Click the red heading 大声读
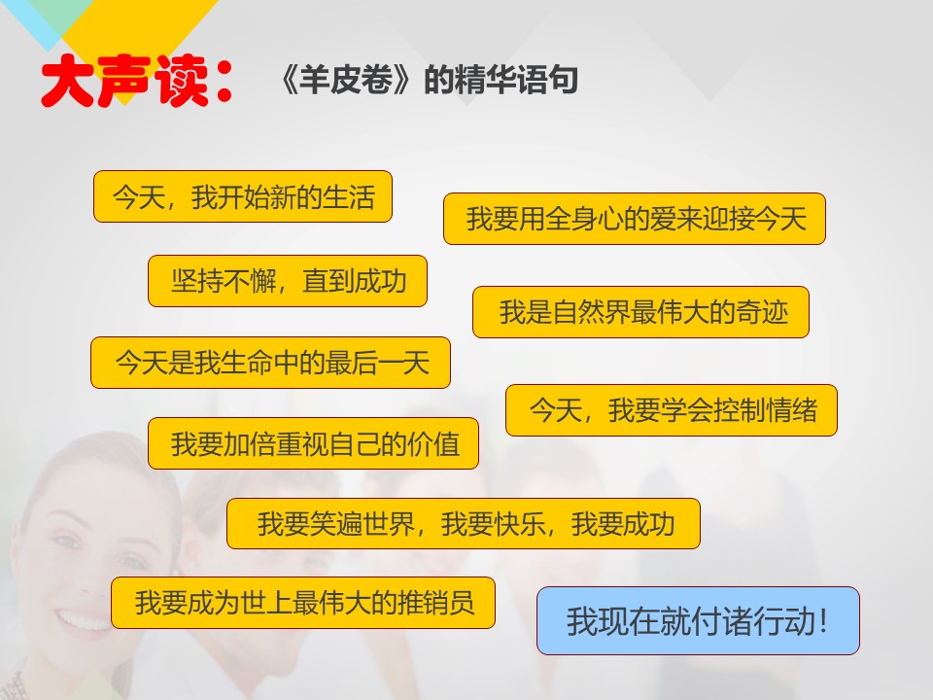(x=124, y=81)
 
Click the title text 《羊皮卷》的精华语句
(x=429, y=80)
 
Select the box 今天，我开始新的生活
(x=243, y=196)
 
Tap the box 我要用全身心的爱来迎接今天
(x=635, y=219)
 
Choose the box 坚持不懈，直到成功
(x=288, y=281)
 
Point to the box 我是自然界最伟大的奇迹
(x=640, y=312)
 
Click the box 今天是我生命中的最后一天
(x=271, y=363)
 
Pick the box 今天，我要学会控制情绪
(x=672, y=410)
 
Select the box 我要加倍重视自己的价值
(x=314, y=443)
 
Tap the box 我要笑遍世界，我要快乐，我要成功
(x=464, y=524)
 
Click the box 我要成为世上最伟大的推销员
(x=303, y=603)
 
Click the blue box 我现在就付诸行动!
(x=698, y=621)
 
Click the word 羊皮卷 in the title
(x=346, y=80)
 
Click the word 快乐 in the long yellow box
(x=519, y=524)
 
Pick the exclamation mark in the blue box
(x=823, y=621)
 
